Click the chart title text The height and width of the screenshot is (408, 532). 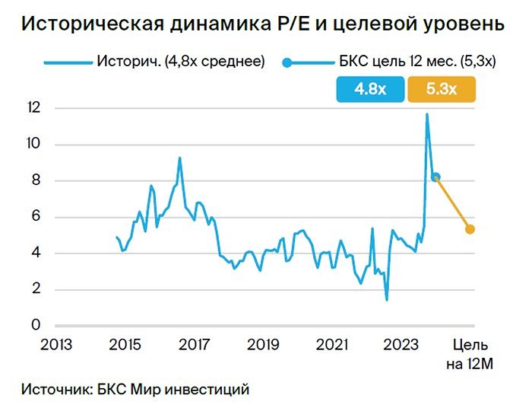point(262,24)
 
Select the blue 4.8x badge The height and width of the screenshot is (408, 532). point(370,89)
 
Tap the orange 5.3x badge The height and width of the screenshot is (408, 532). point(442,89)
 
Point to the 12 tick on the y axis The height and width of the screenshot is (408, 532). point(30,108)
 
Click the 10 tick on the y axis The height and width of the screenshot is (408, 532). point(30,145)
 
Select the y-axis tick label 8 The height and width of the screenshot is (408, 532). point(33,180)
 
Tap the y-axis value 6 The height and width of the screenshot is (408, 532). point(33,217)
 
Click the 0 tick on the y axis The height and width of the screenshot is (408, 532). point(33,326)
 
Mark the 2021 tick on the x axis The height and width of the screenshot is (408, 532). point(331,345)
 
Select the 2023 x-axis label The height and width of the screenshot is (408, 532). point(401,345)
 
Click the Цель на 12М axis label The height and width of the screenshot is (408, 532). point(470,354)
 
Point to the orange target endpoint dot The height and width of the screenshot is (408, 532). point(470,229)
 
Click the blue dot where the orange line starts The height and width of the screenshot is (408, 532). point(435,177)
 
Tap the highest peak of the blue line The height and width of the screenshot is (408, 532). point(427,114)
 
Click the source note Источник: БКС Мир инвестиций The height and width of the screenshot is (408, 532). point(136,389)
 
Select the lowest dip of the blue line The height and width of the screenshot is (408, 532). point(387,300)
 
